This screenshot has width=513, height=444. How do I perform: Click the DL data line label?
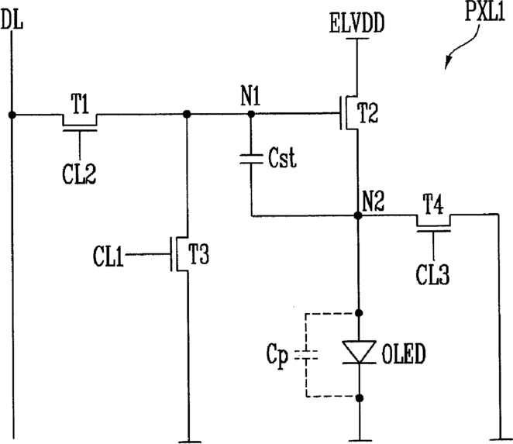(12, 19)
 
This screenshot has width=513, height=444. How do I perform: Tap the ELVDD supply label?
(356, 23)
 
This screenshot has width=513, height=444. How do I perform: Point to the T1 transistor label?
(80, 104)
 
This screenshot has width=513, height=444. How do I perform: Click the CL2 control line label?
(79, 174)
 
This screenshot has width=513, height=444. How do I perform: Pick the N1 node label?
(250, 96)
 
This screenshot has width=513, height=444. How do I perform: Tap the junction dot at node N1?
(251, 114)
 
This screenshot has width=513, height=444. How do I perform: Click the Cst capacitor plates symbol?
(251, 159)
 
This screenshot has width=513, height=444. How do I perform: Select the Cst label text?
(282, 158)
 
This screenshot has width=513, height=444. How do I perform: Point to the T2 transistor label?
(369, 113)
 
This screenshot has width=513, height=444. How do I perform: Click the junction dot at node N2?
(358, 215)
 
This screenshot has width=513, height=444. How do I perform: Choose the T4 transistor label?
(433, 204)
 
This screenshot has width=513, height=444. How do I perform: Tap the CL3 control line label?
(432, 274)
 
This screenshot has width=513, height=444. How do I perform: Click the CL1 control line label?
(108, 256)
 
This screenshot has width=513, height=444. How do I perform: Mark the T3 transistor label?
(198, 254)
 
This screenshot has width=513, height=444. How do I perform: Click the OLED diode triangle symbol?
(359, 352)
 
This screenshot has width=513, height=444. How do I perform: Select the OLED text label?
(404, 353)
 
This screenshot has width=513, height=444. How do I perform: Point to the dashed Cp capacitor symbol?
(306, 355)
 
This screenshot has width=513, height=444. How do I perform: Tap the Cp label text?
(277, 355)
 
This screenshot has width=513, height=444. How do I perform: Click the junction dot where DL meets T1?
(12, 115)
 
